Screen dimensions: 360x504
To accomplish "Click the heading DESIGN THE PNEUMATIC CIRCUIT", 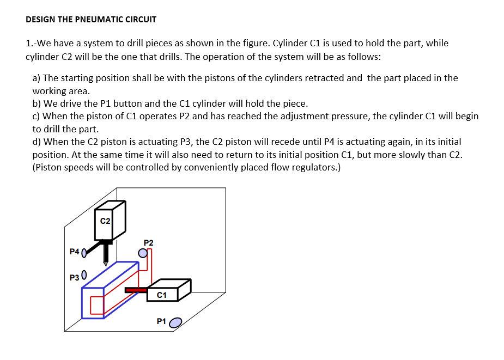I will point(91,20).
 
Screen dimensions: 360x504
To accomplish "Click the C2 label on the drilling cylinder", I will point(106,221).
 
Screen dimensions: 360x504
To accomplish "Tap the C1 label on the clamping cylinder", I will point(161,295).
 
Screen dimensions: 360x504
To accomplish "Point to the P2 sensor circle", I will point(143,252).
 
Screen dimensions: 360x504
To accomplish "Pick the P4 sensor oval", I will point(84,253).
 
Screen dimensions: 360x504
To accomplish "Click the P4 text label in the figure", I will point(75,252).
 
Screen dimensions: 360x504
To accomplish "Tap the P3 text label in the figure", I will point(75,277).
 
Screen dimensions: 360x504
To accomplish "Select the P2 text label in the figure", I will point(148,242).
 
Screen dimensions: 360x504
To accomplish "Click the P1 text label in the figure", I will point(161,321).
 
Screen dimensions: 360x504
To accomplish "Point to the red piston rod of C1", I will point(136,290).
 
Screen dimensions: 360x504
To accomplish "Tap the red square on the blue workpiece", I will point(97,305).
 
